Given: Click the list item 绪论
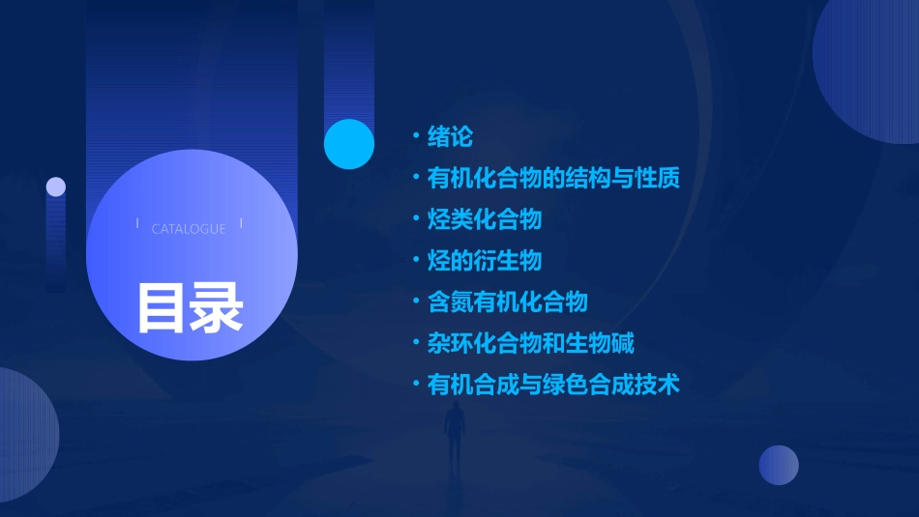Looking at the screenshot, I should [450, 137].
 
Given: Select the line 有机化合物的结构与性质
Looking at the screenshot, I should [553, 179].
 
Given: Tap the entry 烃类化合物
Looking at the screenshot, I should [484, 219].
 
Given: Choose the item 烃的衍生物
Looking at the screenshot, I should [484, 261].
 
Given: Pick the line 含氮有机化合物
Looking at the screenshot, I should [507, 302].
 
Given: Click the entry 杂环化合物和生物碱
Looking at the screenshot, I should [530, 343].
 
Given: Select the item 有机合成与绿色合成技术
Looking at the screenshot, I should [553, 385].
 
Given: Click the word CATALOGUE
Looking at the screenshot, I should [189, 229].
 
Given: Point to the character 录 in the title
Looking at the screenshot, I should [217, 308].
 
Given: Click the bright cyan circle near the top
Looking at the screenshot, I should [348, 144].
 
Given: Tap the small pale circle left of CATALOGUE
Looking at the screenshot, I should [56, 187].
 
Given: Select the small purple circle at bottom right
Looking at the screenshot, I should [779, 465].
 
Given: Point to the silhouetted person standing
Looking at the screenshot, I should [455, 435].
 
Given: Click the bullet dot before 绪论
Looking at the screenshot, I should [415, 137].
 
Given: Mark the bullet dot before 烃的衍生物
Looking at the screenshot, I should [415, 261].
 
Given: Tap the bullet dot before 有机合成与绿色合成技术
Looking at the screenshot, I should [415, 385].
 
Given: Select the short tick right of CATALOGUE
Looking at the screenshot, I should [241, 224].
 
